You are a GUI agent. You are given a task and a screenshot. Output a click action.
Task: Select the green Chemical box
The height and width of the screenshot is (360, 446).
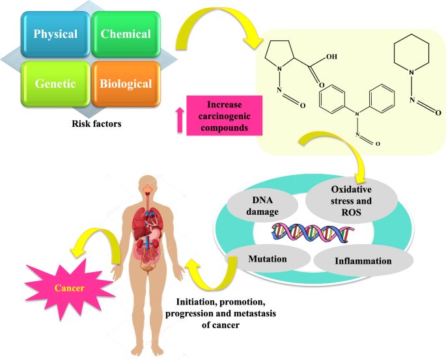(126, 34)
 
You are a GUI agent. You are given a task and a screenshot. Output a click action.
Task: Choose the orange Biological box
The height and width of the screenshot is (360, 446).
(126, 83)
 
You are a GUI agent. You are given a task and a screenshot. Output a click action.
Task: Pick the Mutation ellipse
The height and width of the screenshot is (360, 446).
(268, 258)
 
